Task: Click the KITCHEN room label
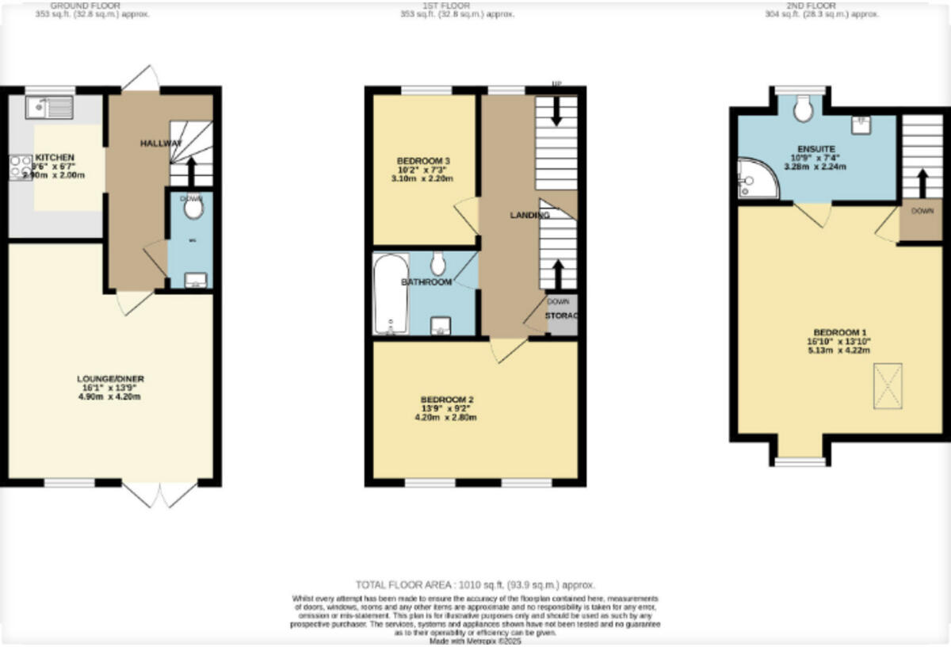coord(55,158)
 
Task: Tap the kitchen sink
coord(49,107)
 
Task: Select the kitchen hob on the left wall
coord(20,167)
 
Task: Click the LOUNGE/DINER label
coord(110,379)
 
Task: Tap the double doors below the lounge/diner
coord(161,495)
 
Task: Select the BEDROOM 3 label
coord(424,161)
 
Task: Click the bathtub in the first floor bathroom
coord(390,294)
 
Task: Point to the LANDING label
coord(529,215)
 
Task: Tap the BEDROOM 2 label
coord(447,399)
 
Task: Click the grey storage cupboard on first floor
coord(563,314)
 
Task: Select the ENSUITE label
coord(815,148)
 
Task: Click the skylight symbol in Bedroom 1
coord(888,386)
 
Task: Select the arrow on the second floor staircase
coord(922,184)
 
